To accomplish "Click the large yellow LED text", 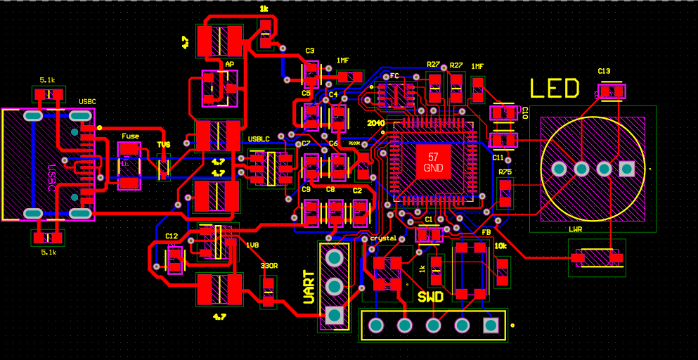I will click(555, 89).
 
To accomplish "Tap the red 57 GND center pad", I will click(433, 162).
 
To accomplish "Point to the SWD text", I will click(430, 297).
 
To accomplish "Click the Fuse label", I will click(130, 136).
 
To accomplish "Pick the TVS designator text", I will click(164, 145).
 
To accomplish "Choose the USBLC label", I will click(259, 139).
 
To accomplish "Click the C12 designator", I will click(172, 236).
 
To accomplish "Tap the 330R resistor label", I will click(269, 266).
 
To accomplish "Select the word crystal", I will click(384, 238).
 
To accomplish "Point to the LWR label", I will click(575, 229).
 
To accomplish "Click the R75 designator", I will click(505, 172).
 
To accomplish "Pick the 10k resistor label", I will click(500, 247).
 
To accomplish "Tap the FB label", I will click(486, 232).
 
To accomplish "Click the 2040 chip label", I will click(376, 122).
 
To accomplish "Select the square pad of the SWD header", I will click(491, 326).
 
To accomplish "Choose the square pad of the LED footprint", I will click(627, 169).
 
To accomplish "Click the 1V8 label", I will click(252, 245).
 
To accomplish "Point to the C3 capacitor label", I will click(309, 51).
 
